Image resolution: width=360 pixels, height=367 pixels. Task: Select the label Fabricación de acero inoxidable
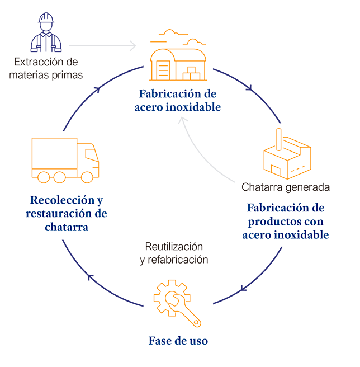177,100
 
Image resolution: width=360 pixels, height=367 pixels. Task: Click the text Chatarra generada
285,186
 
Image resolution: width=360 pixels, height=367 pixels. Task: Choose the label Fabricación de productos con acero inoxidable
286,221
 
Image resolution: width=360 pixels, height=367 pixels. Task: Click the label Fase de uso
178,340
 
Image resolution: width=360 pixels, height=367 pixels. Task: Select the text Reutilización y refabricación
174,253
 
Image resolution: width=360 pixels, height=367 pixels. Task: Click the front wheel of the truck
87,177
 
